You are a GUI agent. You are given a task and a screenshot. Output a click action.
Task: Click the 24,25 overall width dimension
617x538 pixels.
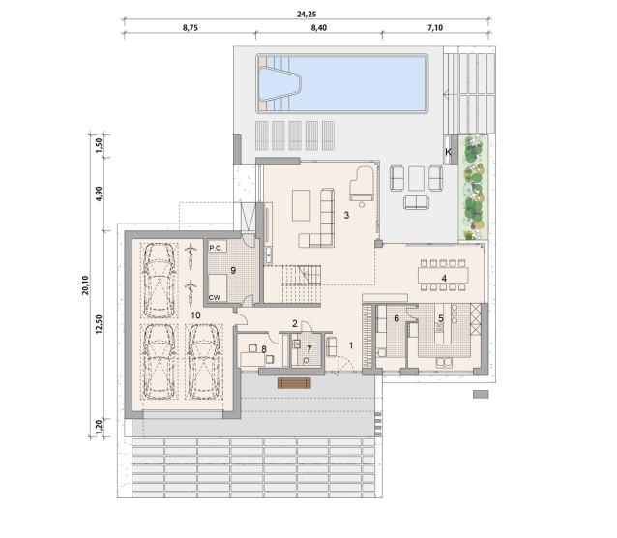[x=307, y=14]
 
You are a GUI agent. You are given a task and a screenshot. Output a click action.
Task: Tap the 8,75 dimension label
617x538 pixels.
[x=191, y=27]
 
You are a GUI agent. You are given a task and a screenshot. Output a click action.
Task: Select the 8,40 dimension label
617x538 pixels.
[x=319, y=27]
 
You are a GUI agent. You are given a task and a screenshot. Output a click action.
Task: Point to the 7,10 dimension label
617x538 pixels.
[x=435, y=27]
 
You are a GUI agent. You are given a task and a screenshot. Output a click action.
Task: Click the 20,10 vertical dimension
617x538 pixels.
[x=85, y=285]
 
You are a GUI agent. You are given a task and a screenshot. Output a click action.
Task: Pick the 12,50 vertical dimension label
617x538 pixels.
[x=99, y=324]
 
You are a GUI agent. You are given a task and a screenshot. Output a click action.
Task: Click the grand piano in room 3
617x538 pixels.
[x=362, y=184]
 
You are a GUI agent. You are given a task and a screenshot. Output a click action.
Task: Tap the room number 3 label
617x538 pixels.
[x=346, y=215]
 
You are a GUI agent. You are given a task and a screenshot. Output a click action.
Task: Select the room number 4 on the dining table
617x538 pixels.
[x=444, y=278]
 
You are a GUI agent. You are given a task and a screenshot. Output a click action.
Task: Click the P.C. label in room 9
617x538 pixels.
[x=216, y=248]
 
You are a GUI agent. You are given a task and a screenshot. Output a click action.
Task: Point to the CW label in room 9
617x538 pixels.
[x=215, y=298]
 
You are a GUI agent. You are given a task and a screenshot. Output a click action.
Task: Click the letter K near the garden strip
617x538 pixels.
[x=448, y=152]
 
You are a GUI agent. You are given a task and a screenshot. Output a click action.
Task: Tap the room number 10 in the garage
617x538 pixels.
[x=195, y=315]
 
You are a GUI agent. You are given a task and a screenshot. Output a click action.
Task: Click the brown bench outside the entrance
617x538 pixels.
[x=294, y=383]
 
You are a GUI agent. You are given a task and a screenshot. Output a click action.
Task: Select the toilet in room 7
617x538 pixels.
[x=306, y=360]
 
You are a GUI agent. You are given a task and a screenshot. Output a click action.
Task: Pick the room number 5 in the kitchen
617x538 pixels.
[x=441, y=318]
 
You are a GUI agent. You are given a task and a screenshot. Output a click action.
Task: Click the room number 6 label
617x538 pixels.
[x=397, y=318]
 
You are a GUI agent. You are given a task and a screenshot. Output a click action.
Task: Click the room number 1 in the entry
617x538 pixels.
[x=351, y=345]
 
